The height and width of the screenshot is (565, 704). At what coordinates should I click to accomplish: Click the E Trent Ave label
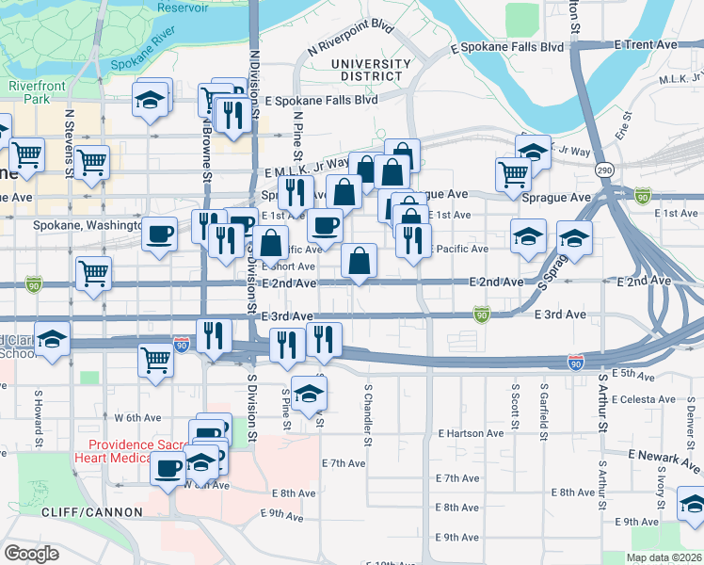pos(646,44)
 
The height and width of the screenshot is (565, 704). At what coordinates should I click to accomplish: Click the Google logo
pos(32,553)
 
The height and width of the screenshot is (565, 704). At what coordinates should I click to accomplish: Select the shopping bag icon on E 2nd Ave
pos(360,261)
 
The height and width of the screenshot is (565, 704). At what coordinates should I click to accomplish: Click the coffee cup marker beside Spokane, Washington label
pos(160,233)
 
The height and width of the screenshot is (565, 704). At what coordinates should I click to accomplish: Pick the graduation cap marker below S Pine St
pos(307,393)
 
